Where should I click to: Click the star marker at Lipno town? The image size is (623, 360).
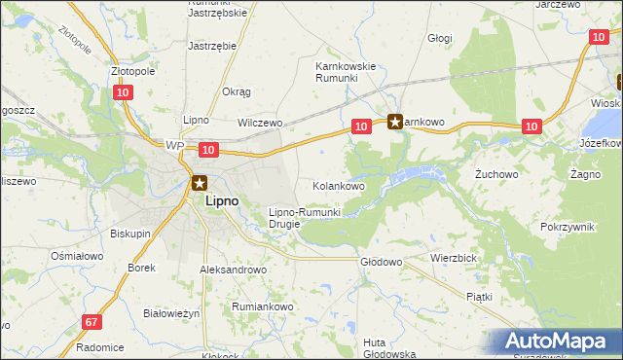200,182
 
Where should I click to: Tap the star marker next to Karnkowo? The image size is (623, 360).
395,122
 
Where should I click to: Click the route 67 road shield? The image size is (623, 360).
92,322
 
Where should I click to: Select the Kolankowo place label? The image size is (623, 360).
339,185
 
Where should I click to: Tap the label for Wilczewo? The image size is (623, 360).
260,124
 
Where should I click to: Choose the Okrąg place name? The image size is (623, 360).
237,91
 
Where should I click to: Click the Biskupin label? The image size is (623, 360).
129,234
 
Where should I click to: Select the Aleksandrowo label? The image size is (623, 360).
233,270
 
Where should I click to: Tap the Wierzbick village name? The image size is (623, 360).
453,259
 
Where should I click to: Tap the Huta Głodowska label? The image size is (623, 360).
389,347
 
